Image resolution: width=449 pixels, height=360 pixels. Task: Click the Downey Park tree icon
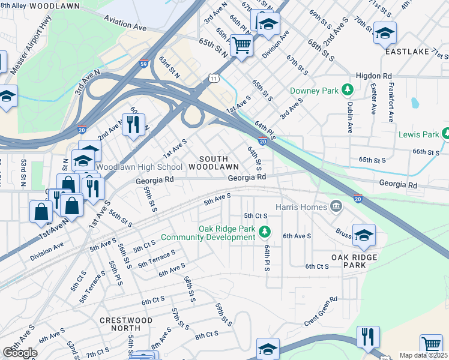pos(346,90)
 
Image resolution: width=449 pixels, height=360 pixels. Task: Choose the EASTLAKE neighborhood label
pos(407,52)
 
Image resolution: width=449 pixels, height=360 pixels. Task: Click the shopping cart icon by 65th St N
pos(241,44)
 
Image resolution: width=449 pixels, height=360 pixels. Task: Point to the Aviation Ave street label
pos(125,24)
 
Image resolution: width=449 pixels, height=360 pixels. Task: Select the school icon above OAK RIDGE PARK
pos(364,235)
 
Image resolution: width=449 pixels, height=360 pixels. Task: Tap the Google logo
pos(20,353)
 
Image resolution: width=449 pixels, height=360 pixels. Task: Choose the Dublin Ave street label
pos(350,116)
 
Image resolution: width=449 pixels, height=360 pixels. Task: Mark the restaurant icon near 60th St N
pos(134,124)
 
